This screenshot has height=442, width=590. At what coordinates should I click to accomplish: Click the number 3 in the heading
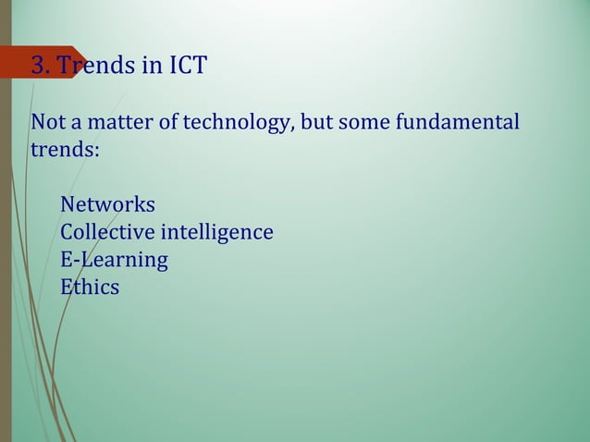point(39,66)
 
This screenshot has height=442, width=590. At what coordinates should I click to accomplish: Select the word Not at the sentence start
point(47,123)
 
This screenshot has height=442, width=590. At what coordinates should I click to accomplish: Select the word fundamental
point(457,123)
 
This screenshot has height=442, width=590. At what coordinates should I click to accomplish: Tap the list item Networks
point(107,204)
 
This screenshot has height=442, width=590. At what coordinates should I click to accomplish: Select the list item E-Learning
point(114,260)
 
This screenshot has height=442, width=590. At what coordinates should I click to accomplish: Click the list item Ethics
point(90,288)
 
